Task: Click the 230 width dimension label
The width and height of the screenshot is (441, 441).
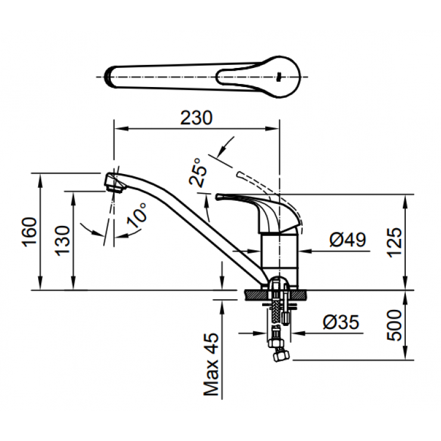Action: coord(196,118)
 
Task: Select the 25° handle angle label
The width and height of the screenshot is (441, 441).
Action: coord(201,173)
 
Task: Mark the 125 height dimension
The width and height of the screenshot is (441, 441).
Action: coord(395,242)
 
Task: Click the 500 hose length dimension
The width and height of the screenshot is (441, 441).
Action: coord(395,325)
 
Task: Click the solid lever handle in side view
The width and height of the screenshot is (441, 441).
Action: coord(250,203)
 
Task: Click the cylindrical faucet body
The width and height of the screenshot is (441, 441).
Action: coord(279,253)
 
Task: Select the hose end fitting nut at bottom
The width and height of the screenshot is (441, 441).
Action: coord(278,354)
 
